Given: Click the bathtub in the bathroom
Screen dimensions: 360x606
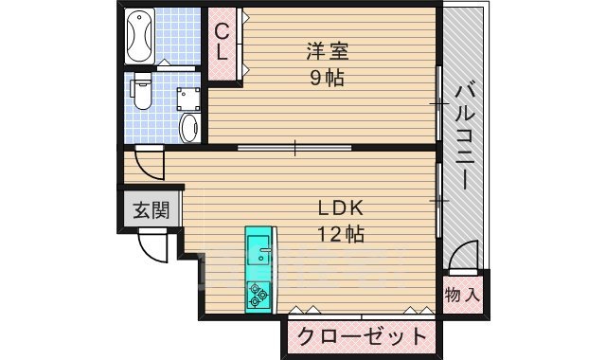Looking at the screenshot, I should click(x=140, y=35).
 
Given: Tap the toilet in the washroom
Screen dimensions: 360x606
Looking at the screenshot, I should click(x=141, y=93).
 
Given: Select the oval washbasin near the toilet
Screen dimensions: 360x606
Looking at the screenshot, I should click(x=187, y=128).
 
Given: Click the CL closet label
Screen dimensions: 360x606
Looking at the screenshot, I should click(x=223, y=43).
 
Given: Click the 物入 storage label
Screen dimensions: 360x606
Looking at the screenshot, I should click(x=463, y=295).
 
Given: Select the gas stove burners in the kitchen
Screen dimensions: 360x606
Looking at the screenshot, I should click(x=258, y=295).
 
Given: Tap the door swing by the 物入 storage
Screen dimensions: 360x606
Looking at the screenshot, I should click(x=463, y=258).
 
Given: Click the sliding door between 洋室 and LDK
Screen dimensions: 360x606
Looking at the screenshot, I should click(x=294, y=147).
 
